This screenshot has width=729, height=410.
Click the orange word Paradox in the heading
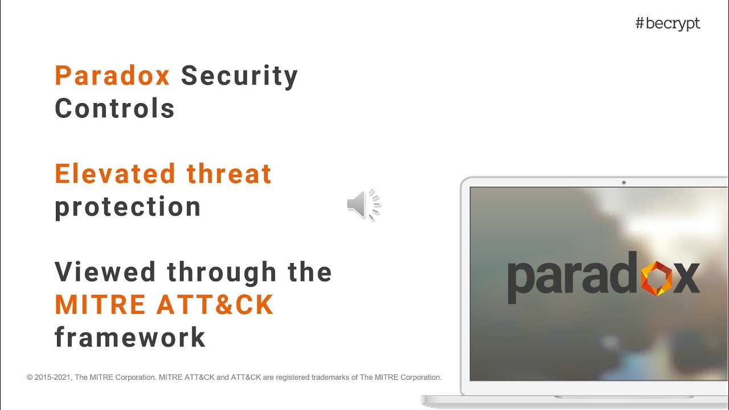pos(112,76)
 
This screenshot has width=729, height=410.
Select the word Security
pos(240,76)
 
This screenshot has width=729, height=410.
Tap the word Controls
pos(114,108)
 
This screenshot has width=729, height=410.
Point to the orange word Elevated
pos(114,174)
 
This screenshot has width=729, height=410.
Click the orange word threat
pos(229,174)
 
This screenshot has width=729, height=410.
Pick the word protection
pos(128,207)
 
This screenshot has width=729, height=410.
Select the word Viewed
pos(105,272)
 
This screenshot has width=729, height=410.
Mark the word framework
pos(130,337)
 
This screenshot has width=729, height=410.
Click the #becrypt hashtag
pos(667,24)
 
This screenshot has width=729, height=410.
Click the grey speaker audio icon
pos(363,204)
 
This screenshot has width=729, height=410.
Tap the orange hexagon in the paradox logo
pos(657,278)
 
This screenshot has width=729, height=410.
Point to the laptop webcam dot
pos(624,183)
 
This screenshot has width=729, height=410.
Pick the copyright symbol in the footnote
pos(30,377)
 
